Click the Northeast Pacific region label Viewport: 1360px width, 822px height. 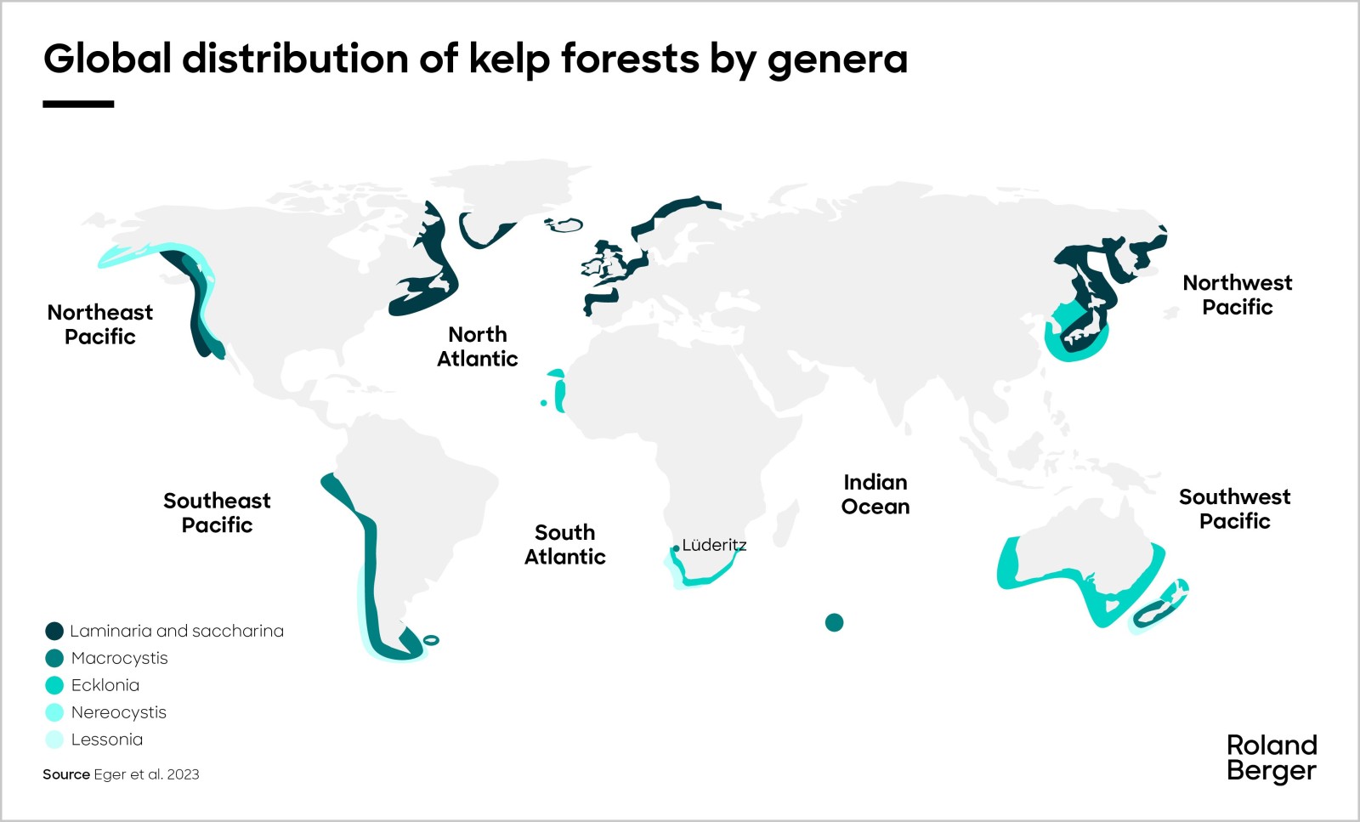point(100,324)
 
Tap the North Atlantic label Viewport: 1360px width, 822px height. point(478,346)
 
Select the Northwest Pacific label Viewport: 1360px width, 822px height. point(1237,294)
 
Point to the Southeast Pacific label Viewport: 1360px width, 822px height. point(217,512)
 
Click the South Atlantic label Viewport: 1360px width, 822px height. point(565,544)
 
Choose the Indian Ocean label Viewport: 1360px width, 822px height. point(875,494)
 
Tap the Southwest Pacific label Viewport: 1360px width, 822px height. point(1234,508)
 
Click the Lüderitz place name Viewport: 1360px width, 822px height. point(714,545)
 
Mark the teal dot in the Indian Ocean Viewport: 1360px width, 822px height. point(835,622)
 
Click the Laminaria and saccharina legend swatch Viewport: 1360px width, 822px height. point(54,631)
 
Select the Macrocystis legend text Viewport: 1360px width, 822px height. point(119,658)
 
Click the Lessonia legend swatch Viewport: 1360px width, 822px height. point(54,740)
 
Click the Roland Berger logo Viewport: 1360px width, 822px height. point(1272,757)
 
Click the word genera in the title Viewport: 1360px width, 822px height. point(837,60)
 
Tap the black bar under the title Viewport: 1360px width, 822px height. point(78,105)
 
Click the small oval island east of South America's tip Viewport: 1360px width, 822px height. point(431,640)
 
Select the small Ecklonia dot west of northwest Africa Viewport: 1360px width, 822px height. point(544,403)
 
